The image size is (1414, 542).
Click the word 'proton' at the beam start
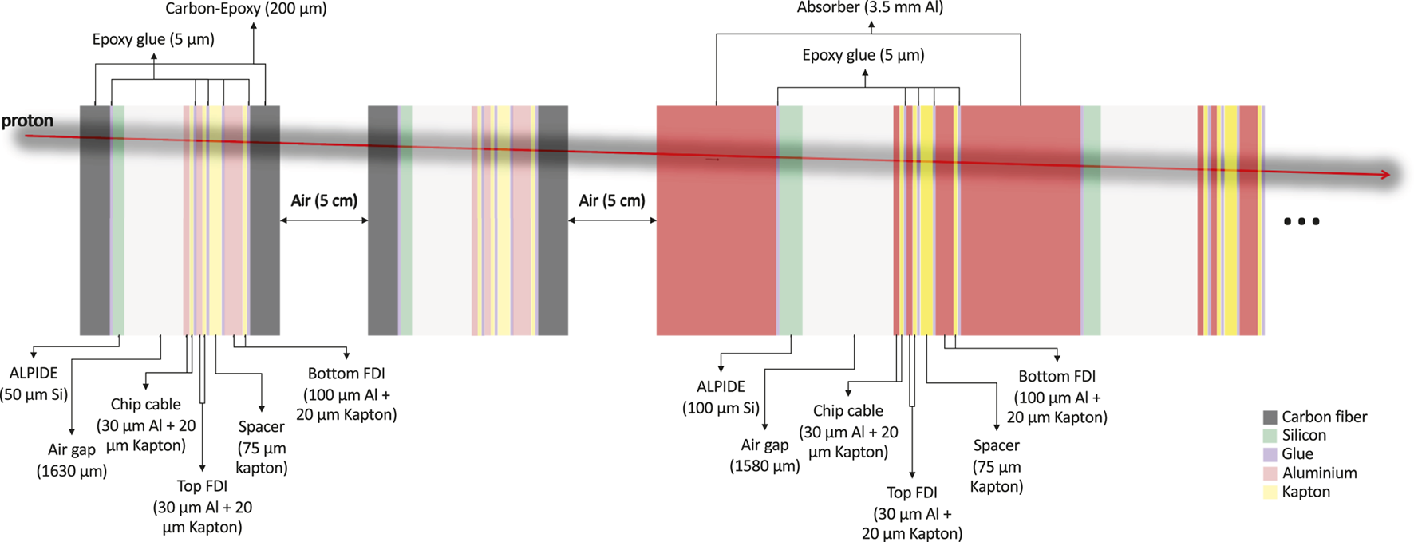(x=27, y=121)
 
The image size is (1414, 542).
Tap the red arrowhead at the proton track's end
(x=1385, y=174)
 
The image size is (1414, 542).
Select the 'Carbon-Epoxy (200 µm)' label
(x=246, y=9)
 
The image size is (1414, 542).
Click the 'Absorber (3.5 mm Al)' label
(x=870, y=8)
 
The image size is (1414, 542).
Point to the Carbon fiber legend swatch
(x=1270, y=417)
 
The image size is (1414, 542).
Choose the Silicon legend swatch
(x=1270, y=436)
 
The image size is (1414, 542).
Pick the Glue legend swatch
(x=1270, y=454)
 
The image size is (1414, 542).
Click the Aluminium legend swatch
(x=1270, y=473)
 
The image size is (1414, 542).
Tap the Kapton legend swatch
(x=1270, y=492)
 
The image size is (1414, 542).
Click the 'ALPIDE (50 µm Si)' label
(x=34, y=384)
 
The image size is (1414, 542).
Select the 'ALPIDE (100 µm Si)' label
(x=721, y=397)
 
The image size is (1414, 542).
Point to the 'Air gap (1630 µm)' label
(x=72, y=460)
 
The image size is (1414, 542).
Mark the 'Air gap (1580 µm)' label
(x=764, y=455)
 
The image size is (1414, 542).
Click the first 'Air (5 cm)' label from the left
(x=324, y=200)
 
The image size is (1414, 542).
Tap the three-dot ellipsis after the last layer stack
(x=1301, y=221)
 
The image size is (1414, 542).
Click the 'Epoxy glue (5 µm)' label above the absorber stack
(x=863, y=55)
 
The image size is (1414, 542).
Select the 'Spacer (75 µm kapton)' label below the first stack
(x=262, y=447)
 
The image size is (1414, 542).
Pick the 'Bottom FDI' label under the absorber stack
(x=1057, y=396)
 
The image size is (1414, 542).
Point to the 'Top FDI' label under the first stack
(x=202, y=506)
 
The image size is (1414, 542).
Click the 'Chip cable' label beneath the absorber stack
(x=848, y=431)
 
